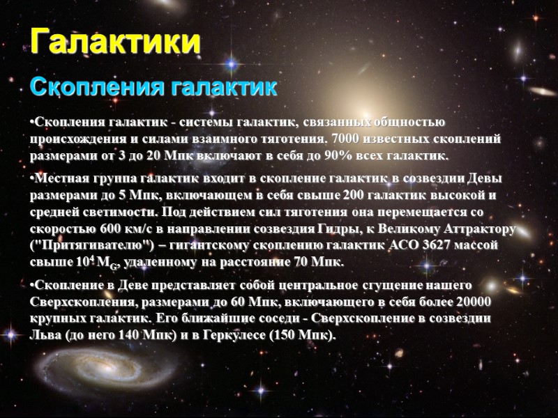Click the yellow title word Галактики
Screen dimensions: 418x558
coord(116,42)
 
